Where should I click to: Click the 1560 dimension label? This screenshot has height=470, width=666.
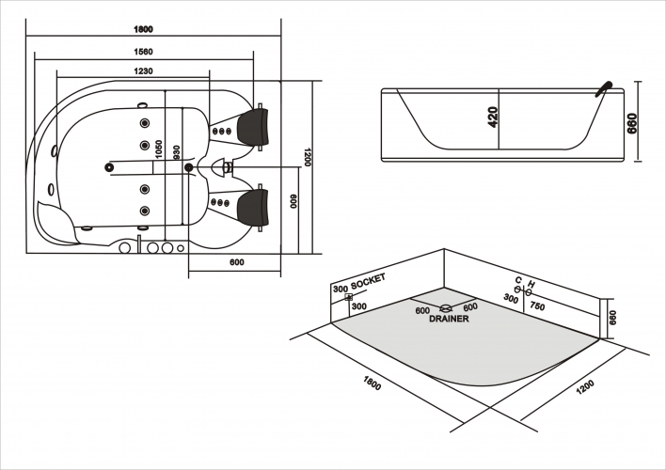click(142, 52)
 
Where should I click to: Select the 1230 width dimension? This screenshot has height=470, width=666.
click(142, 72)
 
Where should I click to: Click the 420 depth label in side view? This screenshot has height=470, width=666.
click(493, 117)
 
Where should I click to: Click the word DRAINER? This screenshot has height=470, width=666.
click(449, 319)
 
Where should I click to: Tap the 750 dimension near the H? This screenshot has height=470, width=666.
click(538, 305)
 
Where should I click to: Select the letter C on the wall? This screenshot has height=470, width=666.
click(517, 281)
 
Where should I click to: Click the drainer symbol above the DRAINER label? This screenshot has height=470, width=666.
click(445, 307)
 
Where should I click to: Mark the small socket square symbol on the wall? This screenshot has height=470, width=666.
click(349, 297)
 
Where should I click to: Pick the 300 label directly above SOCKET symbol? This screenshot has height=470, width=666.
click(341, 287)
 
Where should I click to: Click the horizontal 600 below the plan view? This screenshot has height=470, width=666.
click(236, 262)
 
